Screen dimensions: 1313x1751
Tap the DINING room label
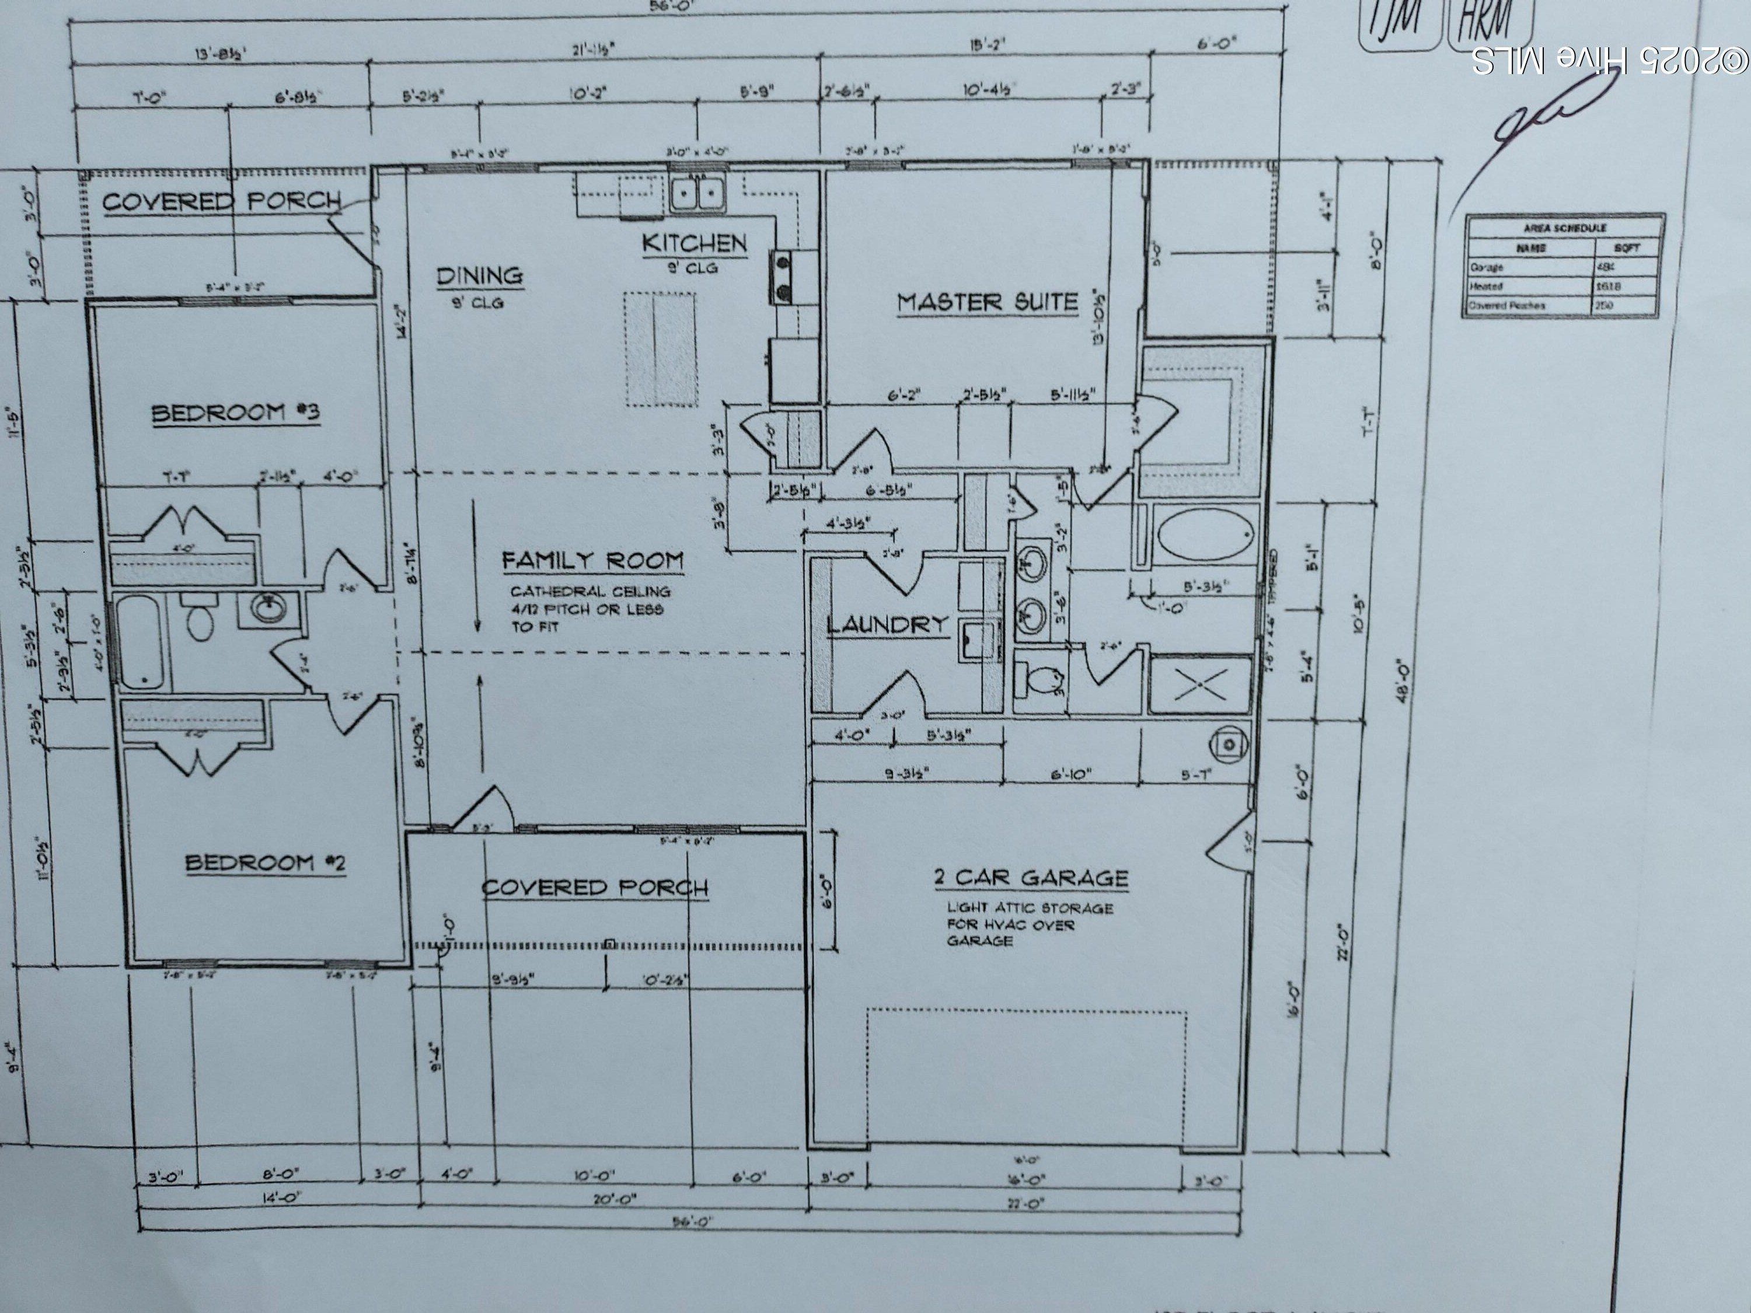point(480,275)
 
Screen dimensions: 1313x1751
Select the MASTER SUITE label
point(987,302)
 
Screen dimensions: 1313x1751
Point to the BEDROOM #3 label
point(235,413)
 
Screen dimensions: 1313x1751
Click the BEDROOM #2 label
point(265,862)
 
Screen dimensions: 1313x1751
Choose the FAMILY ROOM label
point(592,560)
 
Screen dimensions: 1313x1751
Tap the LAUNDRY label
point(887,624)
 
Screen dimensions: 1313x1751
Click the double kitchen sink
point(697,193)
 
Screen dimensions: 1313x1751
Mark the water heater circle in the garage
point(1228,744)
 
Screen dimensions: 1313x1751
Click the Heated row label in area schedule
point(1486,287)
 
